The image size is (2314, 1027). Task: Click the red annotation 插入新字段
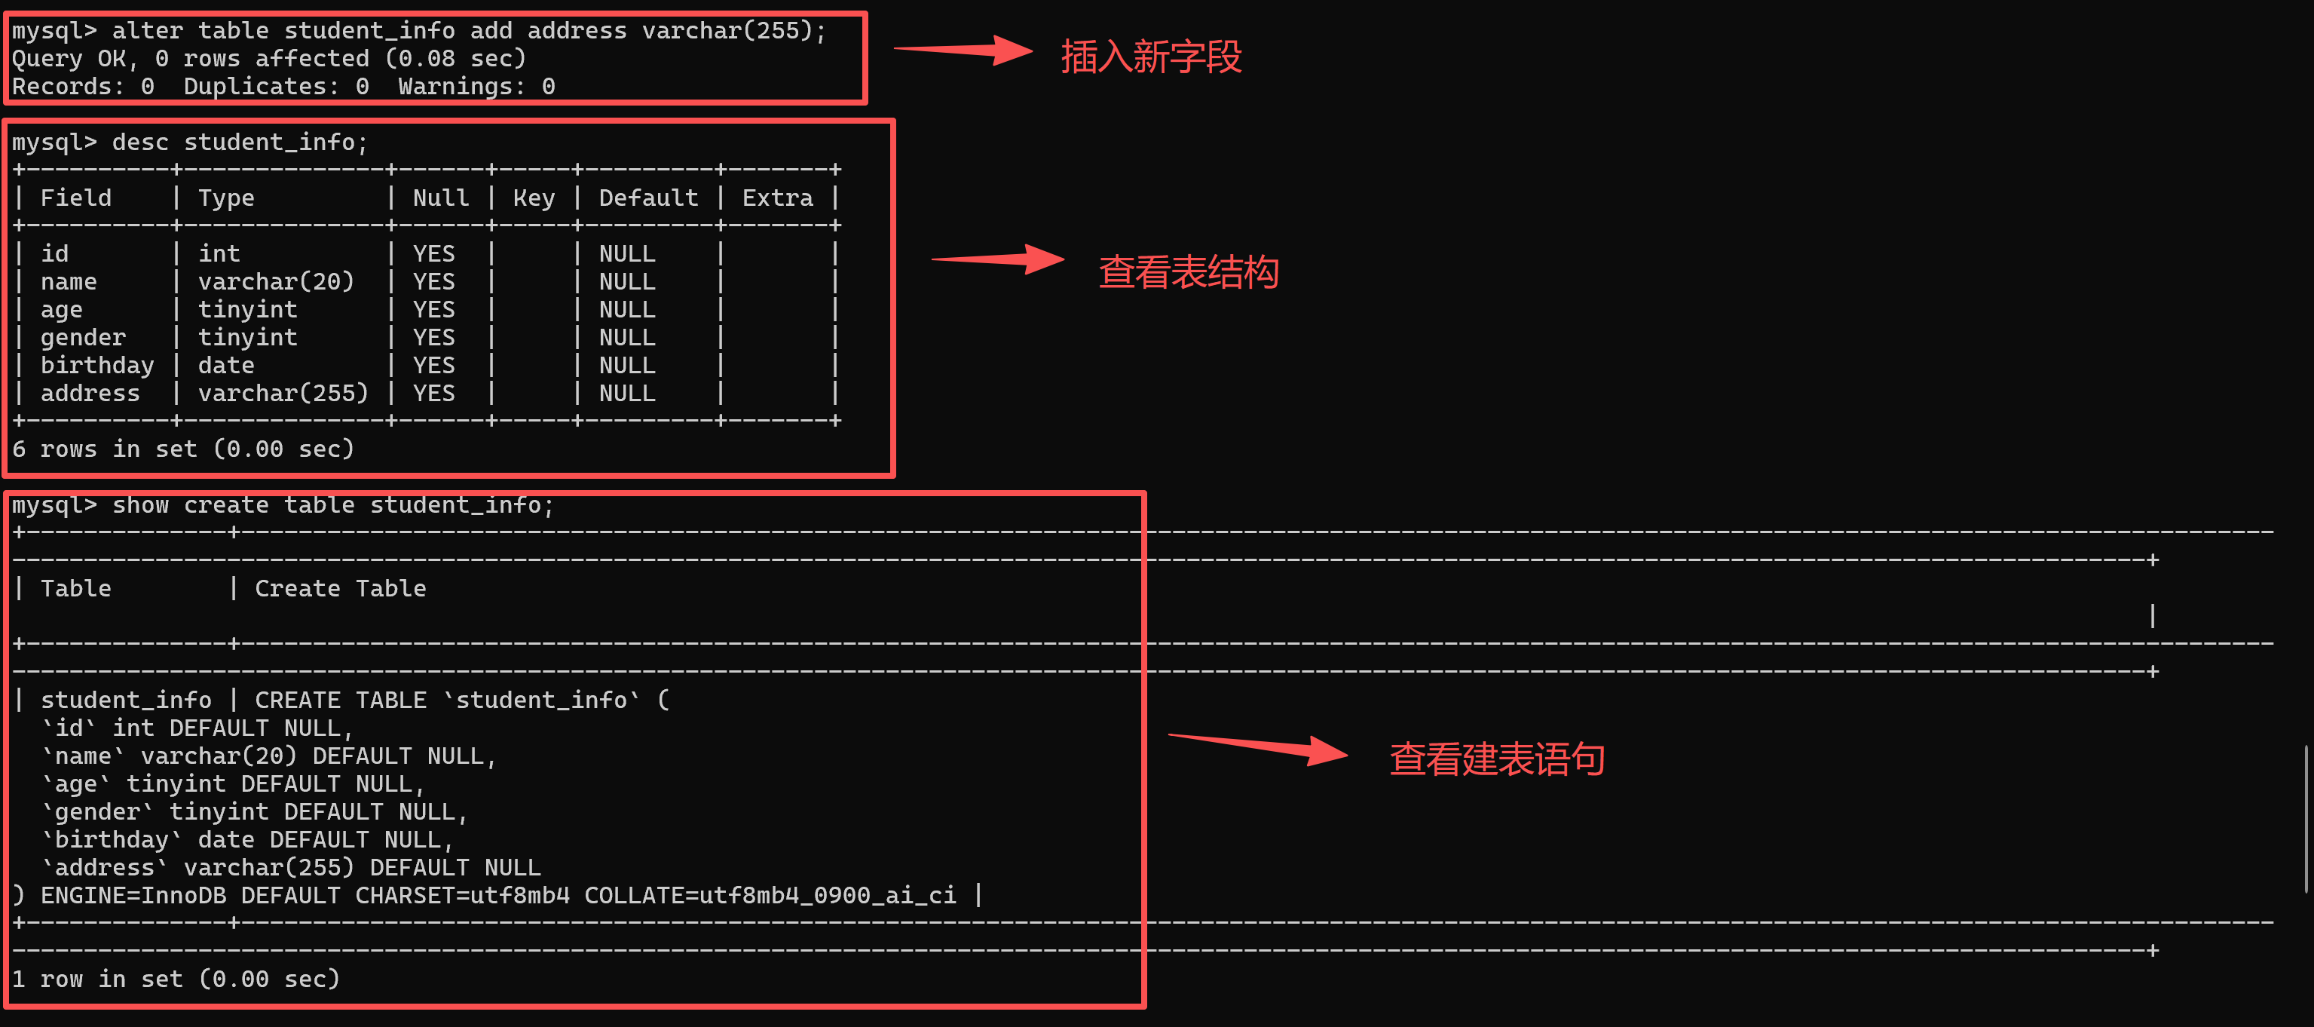[x=1151, y=57]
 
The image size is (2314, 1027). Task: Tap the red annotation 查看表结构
[x=1189, y=271]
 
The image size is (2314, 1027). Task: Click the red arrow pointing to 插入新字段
[x=963, y=51]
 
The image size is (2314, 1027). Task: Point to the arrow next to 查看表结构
[x=998, y=259]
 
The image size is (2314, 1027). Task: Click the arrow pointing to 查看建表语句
[x=1257, y=749]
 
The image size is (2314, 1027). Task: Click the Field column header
[x=76, y=198]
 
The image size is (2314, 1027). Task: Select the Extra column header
[x=778, y=198]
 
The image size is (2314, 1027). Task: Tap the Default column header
[x=648, y=198]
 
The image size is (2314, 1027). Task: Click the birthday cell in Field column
[x=97, y=366]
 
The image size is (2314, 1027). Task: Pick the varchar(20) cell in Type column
[x=276, y=282]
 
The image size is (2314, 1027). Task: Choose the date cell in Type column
[x=226, y=366]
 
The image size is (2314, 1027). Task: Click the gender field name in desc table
[x=83, y=338]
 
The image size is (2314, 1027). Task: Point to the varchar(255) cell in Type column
[x=283, y=394]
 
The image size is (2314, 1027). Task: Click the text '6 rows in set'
[x=104, y=449]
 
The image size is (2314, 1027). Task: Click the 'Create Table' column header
[x=341, y=588]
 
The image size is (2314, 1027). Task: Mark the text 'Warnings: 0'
[x=477, y=86]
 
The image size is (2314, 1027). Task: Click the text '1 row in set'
[x=97, y=979]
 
